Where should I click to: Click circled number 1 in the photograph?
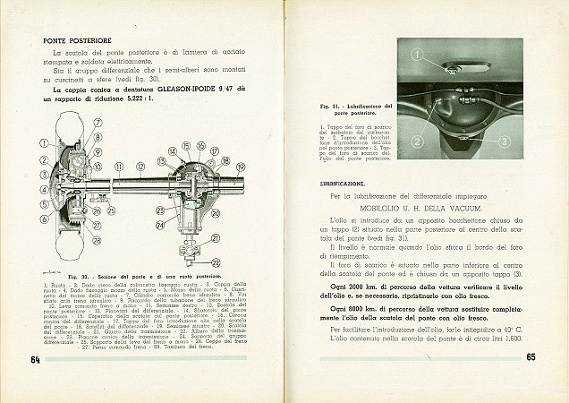pyautogui.click(x=417, y=56)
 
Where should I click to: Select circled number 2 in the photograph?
pyautogui.click(x=417, y=141)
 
